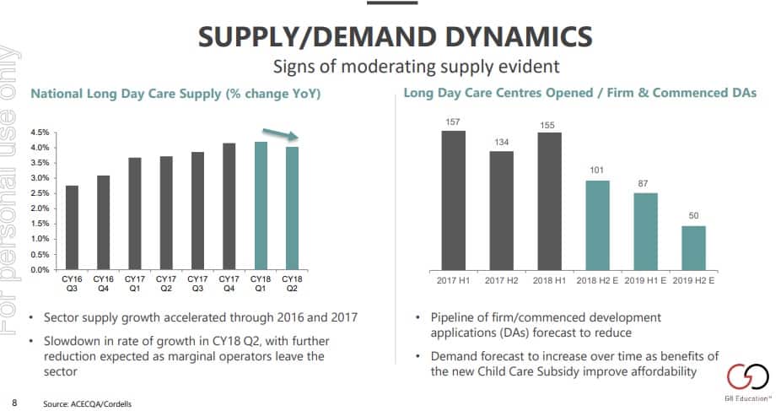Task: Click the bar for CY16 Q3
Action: click(x=72, y=228)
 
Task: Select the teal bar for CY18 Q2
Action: click(x=293, y=208)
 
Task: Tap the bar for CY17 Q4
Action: click(x=229, y=207)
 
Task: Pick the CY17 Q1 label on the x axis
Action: click(x=135, y=283)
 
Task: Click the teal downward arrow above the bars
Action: click(x=279, y=134)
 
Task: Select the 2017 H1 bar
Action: click(x=454, y=200)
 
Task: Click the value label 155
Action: click(x=549, y=125)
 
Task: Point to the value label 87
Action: click(x=645, y=184)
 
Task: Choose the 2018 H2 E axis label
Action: click(x=598, y=279)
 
